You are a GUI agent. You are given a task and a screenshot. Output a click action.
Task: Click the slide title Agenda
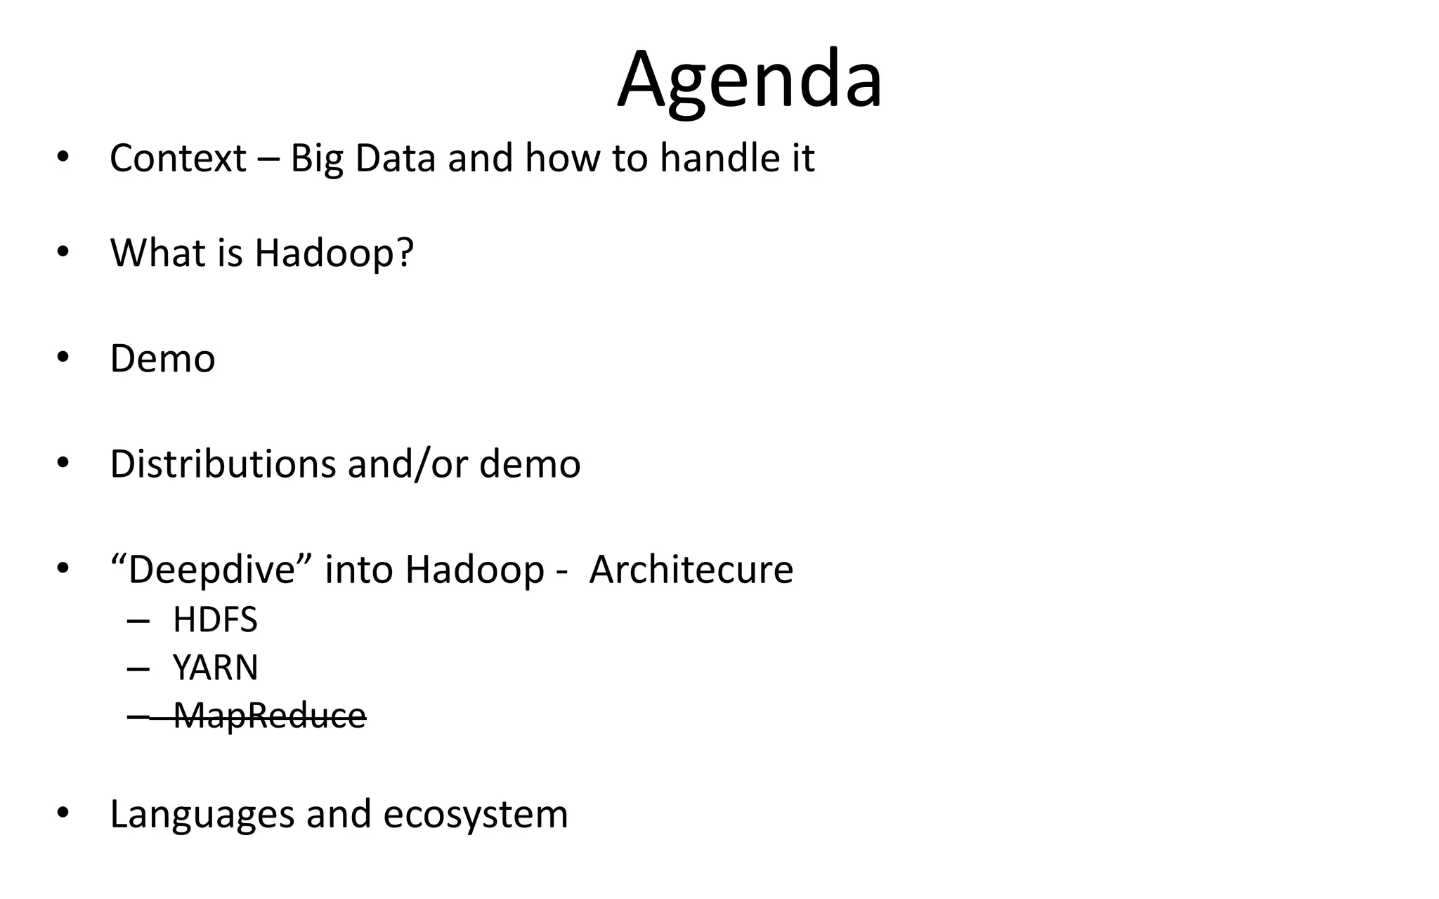click(x=749, y=79)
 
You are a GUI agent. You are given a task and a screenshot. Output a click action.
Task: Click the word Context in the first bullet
click(x=178, y=158)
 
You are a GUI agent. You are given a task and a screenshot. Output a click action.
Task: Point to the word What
click(x=157, y=253)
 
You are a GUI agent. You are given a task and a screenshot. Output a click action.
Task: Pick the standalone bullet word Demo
click(x=162, y=359)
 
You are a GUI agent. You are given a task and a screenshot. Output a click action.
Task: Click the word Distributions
click(x=222, y=464)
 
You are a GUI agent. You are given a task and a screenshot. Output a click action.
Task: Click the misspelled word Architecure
click(x=691, y=569)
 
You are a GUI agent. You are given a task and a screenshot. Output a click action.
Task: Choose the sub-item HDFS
click(x=215, y=620)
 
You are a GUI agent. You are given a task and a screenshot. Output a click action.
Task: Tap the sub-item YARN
click(x=215, y=667)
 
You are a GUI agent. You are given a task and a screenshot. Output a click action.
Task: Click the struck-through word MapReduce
click(x=269, y=716)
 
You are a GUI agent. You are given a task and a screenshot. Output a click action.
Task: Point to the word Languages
click(x=202, y=815)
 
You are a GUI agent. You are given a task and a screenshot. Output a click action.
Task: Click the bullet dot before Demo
click(x=63, y=357)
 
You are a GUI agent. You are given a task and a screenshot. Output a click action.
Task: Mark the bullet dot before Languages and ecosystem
click(x=63, y=813)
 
